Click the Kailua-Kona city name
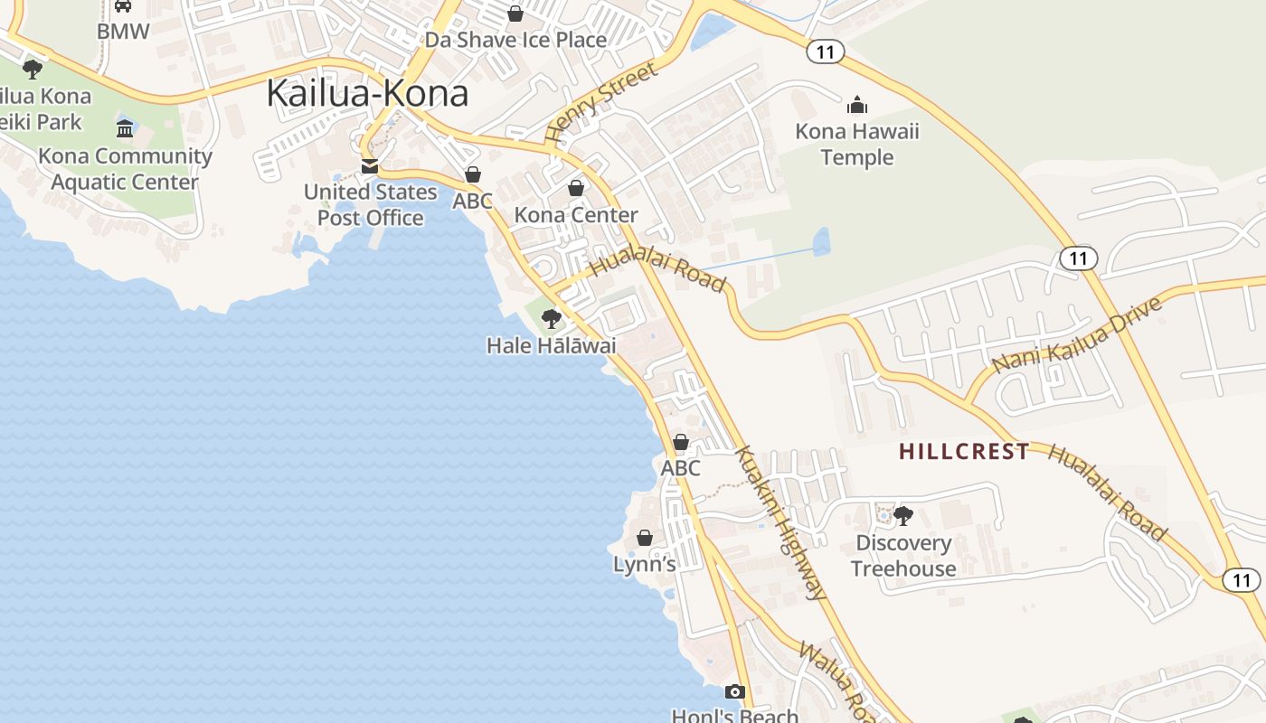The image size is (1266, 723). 367,94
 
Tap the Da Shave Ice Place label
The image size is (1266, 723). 515,40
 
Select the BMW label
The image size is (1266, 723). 123,31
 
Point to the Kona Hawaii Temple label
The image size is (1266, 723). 856,145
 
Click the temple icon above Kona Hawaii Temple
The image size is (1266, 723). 856,106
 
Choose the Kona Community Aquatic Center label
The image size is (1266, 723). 125,169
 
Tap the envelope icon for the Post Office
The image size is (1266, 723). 370,166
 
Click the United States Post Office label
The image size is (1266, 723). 370,205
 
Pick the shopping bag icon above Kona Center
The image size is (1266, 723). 576,188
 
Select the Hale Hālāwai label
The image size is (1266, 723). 551,345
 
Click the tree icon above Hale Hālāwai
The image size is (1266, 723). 551,318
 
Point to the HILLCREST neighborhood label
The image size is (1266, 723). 964,452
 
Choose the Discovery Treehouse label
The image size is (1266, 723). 903,556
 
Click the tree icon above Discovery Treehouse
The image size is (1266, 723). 902,516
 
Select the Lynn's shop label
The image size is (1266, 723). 644,565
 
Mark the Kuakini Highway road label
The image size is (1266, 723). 781,522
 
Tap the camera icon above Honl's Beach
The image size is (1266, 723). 735,692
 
